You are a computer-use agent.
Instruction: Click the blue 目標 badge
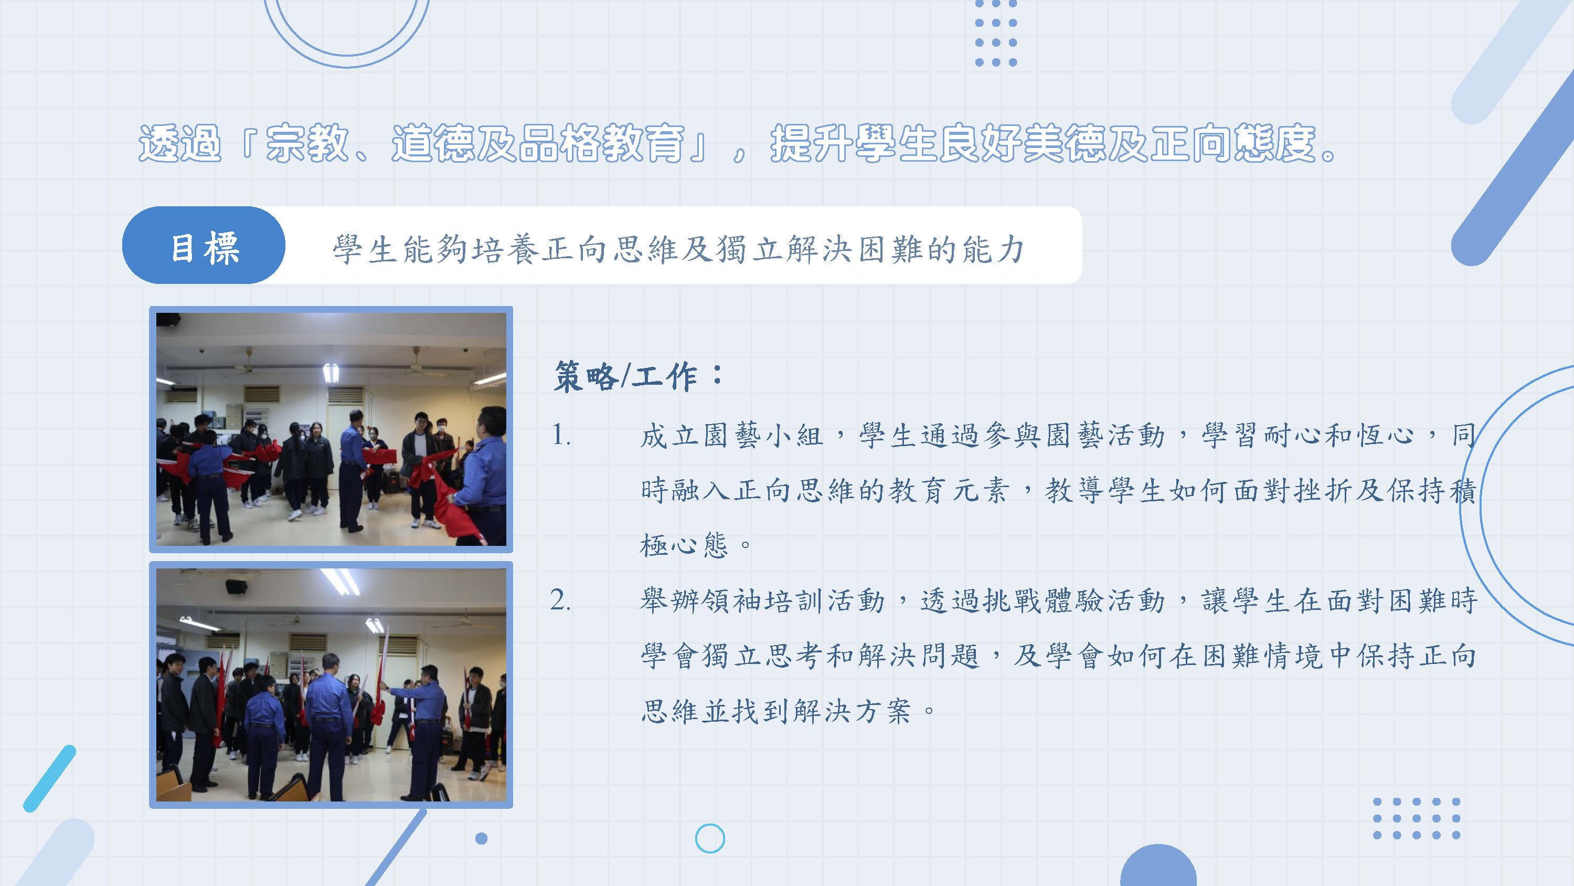[x=204, y=245]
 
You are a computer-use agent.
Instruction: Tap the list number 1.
[x=561, y=435]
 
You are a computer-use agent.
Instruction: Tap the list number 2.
[x=560, y=600]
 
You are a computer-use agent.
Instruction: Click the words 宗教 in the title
[x=307, y=143]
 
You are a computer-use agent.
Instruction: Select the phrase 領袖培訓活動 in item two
[x=793, y=600]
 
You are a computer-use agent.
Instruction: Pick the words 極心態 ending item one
[x=684, y=544]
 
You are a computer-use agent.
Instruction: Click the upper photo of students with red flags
[x=331, y=429]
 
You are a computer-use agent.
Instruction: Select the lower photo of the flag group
[x=331, y=685]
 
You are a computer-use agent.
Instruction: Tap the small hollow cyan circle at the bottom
[x=710, y=838]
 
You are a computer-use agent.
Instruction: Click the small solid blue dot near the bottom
[x=482, y=838]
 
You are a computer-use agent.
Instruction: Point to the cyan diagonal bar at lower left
[x=49, y=778]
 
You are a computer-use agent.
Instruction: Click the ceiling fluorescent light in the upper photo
[x=331, y=372]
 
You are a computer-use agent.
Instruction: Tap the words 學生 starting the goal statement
[x=365, y=249]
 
